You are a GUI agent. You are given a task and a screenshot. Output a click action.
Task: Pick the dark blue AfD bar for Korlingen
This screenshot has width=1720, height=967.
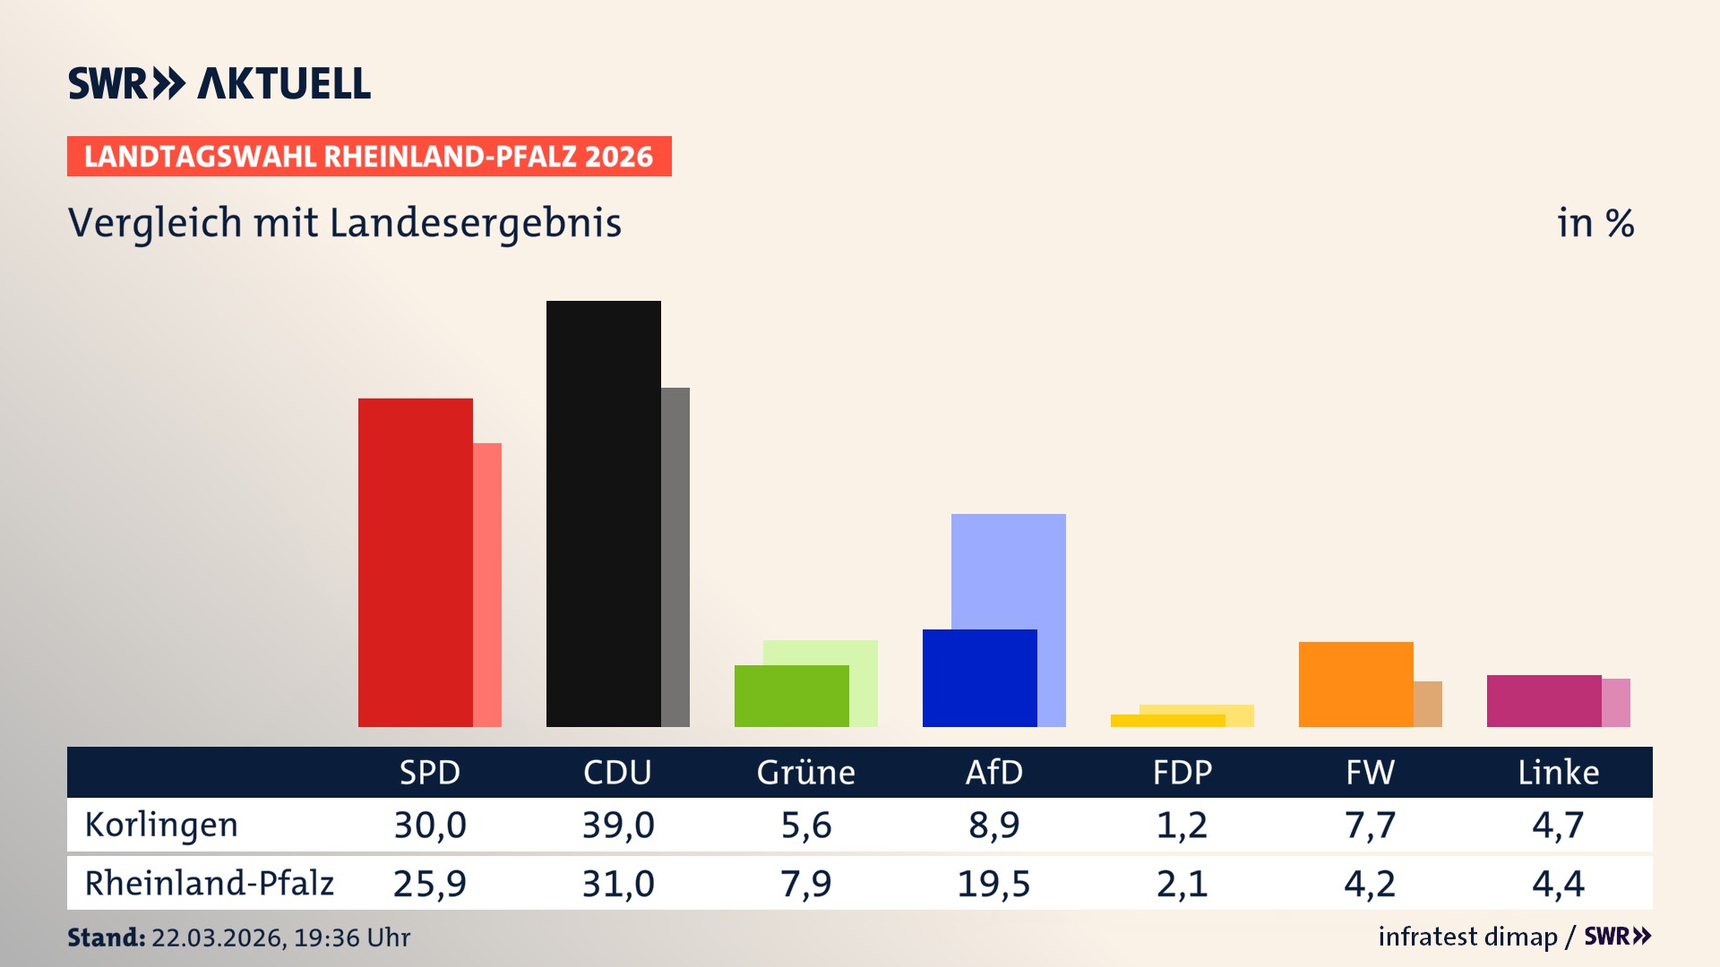pos(979,678)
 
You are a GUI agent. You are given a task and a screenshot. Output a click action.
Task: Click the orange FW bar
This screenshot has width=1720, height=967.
pos(1355,684)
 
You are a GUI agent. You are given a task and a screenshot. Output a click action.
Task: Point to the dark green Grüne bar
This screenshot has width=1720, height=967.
pos(791,696)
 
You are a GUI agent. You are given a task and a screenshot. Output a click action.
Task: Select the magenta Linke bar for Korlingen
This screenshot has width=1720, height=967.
pos(1544,701)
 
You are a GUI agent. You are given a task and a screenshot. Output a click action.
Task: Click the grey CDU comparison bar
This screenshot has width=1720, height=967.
pos(675,556)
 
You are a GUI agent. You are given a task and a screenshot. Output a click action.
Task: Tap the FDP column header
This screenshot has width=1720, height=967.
pos(1182,773)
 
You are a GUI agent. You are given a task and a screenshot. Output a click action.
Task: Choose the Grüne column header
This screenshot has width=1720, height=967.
pos(805,773)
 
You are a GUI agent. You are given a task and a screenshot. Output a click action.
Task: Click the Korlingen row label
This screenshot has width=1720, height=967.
pos(161,825)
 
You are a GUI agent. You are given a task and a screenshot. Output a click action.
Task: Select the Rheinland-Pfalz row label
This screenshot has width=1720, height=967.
pos(209,884)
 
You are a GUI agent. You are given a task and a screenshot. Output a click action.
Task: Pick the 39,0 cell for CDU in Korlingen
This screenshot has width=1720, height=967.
pos(618,825)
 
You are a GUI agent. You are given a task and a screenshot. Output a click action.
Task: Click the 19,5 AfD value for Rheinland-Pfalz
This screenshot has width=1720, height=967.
pos(993,884)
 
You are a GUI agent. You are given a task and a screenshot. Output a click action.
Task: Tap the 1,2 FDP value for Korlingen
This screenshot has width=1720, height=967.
pos(1182,825)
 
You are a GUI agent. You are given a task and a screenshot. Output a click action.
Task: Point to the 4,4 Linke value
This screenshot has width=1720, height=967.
pos(1558,884)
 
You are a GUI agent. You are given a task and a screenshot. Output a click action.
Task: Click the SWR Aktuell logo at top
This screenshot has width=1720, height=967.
pos(219,83)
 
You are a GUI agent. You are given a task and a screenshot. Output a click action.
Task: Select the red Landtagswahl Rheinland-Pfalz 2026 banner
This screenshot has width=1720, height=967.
pos(369,157)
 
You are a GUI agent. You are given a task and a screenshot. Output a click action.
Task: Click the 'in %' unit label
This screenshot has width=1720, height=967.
pos(1595,223)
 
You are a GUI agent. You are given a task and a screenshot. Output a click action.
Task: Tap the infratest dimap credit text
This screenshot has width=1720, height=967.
pos(1467,937)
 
